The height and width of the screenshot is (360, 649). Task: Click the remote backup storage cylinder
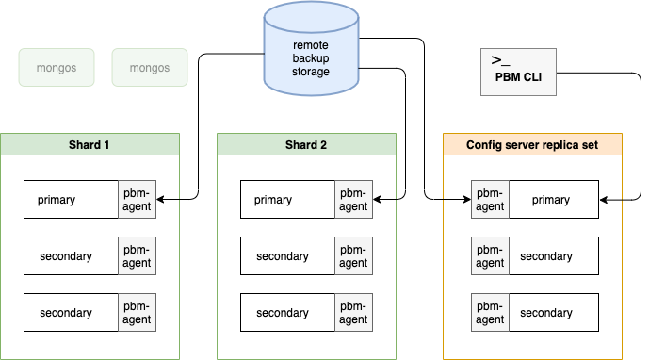point(311,49)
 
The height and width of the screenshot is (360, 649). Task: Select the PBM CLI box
point(518,72)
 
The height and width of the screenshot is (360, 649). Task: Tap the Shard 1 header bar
point(89,144)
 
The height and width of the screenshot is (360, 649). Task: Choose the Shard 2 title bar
point(306,144)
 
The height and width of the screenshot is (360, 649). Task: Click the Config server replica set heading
point(532,144)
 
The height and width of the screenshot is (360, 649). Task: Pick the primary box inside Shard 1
point(71,199)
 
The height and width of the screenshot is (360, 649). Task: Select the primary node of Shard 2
point(287,199)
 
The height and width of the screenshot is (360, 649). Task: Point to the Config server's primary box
point(554,199)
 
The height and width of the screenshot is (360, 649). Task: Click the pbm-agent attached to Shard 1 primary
point(137,199)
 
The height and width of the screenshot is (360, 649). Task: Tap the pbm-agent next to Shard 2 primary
point(353,199)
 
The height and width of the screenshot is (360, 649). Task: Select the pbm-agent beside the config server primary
point(490,199)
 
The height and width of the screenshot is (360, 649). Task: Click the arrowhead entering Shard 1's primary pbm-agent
point(160,199)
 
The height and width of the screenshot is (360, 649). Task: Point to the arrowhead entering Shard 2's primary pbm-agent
point(376,199)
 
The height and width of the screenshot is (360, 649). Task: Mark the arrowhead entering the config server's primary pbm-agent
point(467,199)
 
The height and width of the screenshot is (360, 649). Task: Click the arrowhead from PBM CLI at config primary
point(603,200)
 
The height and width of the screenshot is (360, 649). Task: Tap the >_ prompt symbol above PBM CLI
point(500,60)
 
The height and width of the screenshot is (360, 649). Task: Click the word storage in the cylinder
point(311,72)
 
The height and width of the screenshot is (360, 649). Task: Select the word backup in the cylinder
point(311,58)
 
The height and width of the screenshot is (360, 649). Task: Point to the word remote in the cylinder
point(311,45)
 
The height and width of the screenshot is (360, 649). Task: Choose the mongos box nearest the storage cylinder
point(150,68)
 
